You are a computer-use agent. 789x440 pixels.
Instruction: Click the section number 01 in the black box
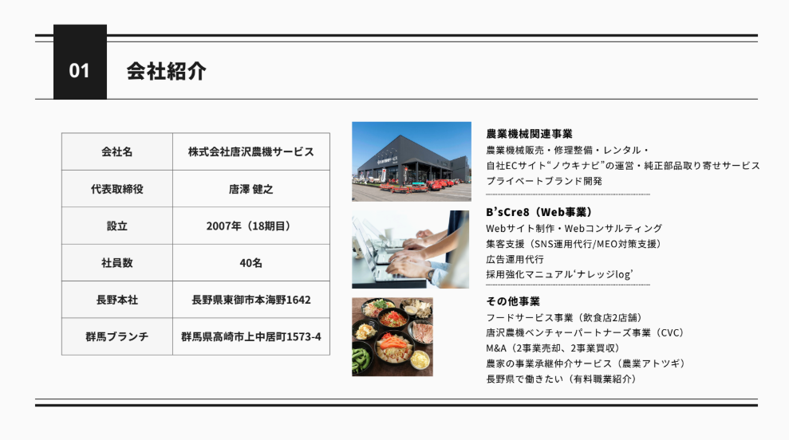click(x=80, y=71)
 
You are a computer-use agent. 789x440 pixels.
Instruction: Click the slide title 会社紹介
click(x=166, y=71)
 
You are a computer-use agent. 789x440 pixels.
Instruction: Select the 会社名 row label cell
click(x=117, y=151)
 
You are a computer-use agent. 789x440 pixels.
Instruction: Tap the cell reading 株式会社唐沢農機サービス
click(x=251, y=151)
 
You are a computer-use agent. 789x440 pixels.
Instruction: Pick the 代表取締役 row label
click(x=117, y=189)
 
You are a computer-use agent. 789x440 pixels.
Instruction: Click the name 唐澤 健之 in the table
click(x=251, y=189)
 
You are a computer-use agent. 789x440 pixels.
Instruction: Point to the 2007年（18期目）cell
click(x=251, y=226)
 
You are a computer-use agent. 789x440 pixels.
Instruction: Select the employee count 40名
click(x=251, y=263)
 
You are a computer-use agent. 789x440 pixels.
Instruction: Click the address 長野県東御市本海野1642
click(x=251, y=300)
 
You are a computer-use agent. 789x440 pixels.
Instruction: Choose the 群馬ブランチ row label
click(x=117, y=336)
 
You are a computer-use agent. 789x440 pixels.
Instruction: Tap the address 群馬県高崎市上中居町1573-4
click(x=251, y=336)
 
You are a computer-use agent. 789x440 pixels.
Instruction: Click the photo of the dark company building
click(x=412, y=162)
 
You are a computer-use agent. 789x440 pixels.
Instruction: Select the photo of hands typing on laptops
click(x=411, y=249)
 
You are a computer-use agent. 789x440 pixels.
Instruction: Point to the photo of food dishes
click(x=393, y=337)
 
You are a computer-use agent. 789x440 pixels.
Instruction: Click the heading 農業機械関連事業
click(x=530, y=134)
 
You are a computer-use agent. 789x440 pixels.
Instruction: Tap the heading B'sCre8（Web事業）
click(x=539, y=212)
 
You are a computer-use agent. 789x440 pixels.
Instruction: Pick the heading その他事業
click(x=513, y=301)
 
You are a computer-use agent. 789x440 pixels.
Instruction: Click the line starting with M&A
click(x=553, y=348)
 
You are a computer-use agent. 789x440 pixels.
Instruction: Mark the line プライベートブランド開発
click(x=544, y=181)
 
